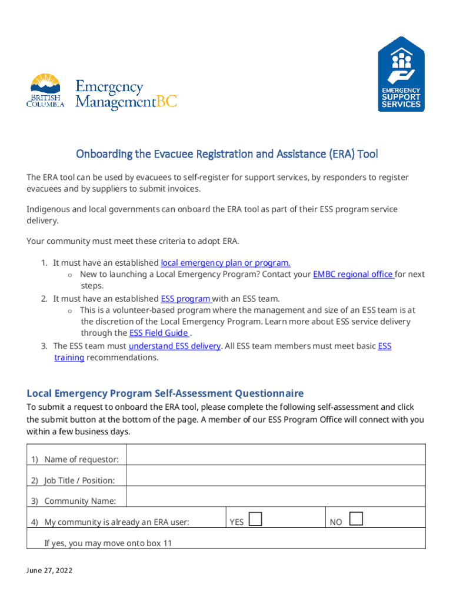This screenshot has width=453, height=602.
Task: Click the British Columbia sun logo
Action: pos(45,91)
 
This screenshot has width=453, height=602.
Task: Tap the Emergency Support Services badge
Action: pos(401,73)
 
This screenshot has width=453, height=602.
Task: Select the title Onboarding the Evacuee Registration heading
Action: pos(226,155)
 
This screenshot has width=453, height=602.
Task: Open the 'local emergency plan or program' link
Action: pos(225,263)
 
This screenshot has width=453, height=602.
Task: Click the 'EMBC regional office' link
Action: pos(353,274)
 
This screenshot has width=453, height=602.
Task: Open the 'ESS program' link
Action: pos(186,299)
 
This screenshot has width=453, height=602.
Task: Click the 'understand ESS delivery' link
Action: pos(175,346)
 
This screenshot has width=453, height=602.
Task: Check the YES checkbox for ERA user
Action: pos(255,519)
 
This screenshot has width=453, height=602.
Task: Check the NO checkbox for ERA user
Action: pos(356,519)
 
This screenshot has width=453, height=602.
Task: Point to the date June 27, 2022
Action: pos(49,571)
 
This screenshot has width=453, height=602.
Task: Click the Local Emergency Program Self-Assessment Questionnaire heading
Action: pos(165,393)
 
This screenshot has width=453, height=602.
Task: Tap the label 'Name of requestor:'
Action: pos(81,459)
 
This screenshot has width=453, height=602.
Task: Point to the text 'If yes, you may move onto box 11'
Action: pos(108,543)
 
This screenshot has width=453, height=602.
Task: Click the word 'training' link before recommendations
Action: pos(69,357)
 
